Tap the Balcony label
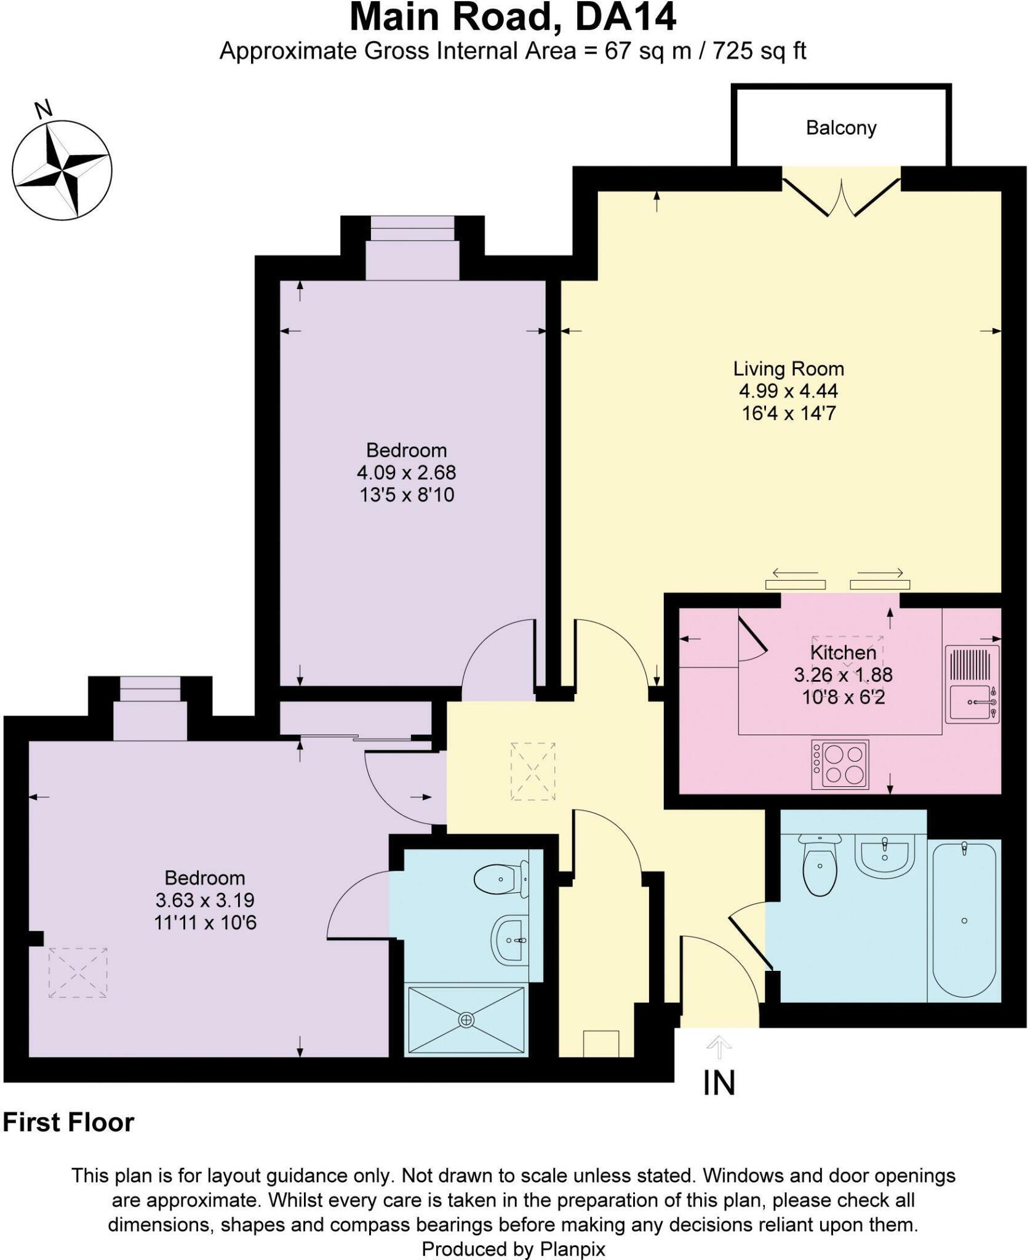point(841,128)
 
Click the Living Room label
point(788,369)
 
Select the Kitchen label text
point(843,652)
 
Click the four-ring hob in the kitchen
point(840,764)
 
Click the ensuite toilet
point(502,880)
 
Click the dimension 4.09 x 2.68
point(407,472)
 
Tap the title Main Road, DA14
point(513,17)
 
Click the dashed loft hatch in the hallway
point(533,772)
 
